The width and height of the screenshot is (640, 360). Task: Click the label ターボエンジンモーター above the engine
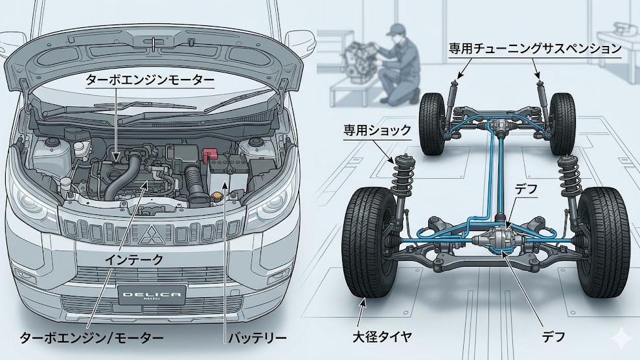click(x=150, y=80)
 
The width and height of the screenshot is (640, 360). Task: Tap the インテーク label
click(x=134, y=260)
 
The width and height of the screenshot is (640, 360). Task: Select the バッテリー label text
click(x=257, y=338)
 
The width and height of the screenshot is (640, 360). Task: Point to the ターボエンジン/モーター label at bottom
click(x=91, y=338)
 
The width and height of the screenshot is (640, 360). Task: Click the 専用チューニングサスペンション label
click(x=535, y=49)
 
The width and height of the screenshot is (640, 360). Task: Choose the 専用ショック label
click(x=377, y=131)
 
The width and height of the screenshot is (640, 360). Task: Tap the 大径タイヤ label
click(x=382, y=337)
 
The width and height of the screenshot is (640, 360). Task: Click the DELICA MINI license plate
click(x=152, y=295)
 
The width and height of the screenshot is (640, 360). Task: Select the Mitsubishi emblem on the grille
click(x=152, y=234)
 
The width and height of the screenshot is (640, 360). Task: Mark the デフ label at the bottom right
click(x=553, y=337)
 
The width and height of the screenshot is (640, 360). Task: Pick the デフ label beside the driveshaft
click(x=526, y=189)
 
